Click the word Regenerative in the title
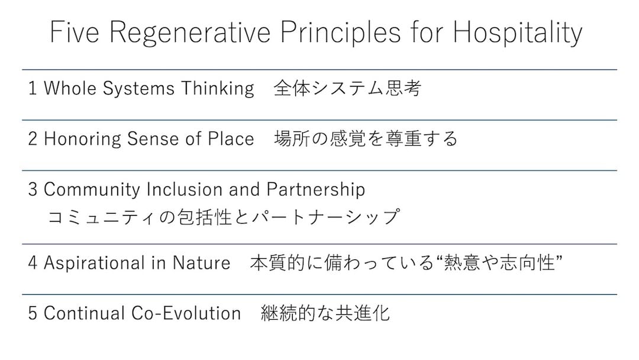click(190, 33)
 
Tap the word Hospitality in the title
click(518, 33)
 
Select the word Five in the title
click(75, 31)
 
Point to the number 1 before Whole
click(32, 88)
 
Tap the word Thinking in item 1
click(218, 89)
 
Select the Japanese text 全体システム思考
click(347, 88)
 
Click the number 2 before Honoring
click(33, 139)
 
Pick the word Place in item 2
click(231, 139)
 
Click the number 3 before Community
click(33, 189)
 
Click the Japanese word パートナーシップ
click(325, 217)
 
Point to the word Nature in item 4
click(201, 263)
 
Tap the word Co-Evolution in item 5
click(186, 313)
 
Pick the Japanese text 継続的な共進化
click(325, 313)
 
